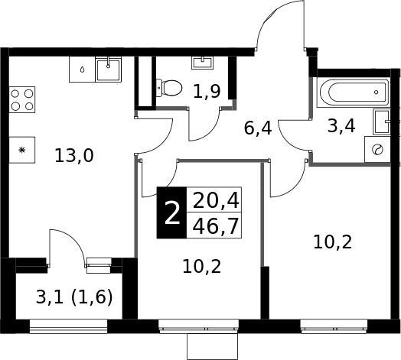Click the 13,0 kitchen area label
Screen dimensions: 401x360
tap(74, 156)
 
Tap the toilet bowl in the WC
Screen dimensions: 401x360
tap(169, 88)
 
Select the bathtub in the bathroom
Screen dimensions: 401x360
tap(353, 92)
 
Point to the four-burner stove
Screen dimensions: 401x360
tap(22, 99)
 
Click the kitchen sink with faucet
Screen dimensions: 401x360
tap(109, 70)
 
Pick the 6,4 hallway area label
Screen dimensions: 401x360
tap(258, 128)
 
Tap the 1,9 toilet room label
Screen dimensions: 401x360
tap(207, 92)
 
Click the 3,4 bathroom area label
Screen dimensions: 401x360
tap(341, 126)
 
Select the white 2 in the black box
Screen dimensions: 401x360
tap(172, 212)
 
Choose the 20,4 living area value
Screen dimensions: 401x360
tap(216, 201)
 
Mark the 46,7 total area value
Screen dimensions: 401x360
tap(216, 226)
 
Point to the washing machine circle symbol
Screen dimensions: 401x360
tap(378, 150)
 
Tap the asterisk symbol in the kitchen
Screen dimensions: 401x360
tap(22, 150)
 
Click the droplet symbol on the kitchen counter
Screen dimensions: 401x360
tap(82, 70)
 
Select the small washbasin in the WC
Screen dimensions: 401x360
tap(202, 63)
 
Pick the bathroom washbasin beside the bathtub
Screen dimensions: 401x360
tap(382, 122)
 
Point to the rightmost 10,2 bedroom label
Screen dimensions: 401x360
tap(333, 242)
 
